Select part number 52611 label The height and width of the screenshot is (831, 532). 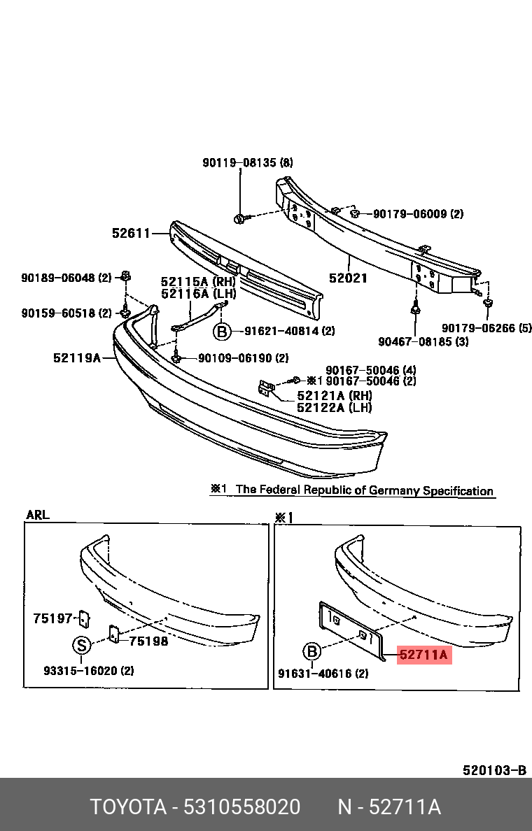click(x=131, y=234)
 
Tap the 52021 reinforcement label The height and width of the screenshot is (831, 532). click(x=348, y=278)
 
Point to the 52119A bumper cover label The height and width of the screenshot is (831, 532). click(x=76, y=358)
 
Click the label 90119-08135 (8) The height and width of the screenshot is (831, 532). click(x=248, y=163)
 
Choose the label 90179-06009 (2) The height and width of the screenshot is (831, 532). click(x=418, y=214)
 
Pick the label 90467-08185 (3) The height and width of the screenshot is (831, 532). click(x=423, y=341)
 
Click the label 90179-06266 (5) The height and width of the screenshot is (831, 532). click(x=486, y=327)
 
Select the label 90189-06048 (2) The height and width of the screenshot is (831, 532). click(x=66, y=278)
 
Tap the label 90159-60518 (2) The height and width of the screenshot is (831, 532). click(x=66, y=313)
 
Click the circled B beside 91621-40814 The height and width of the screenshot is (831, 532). click(x=222, y=332)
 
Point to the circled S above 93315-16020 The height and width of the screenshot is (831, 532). click(x=82, y=645)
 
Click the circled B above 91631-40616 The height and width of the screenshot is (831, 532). click(x=311, y=653)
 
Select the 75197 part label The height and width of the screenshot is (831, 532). click(x=52, y=618)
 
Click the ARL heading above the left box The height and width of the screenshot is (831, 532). click(x=38, y=515)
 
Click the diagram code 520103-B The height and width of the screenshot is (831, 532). click(x=494, y=770)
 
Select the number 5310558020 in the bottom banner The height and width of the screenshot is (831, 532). click(x=241, y=807)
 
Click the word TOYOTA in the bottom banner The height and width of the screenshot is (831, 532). click(x=127, y=807)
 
